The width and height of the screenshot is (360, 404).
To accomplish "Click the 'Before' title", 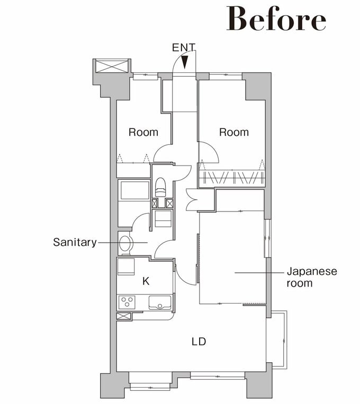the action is point(276,19).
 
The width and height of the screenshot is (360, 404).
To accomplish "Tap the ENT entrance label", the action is point(184,48).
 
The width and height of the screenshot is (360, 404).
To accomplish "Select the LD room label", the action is point(199,342).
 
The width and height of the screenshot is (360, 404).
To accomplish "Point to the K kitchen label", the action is point(146,281).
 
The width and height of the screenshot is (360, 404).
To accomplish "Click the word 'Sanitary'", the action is point(75,242).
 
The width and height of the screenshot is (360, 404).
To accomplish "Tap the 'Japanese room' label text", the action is point(312,277).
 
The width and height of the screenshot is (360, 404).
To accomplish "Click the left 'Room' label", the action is point(143,132).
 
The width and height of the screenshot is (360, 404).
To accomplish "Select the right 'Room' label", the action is point(234,132).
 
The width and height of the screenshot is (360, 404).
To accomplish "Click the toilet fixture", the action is point(160,188).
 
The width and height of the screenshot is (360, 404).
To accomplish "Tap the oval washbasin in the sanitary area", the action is point(126,243).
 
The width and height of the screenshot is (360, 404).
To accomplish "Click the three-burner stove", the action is point(127,302).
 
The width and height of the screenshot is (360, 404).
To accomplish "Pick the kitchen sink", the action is point(160,302).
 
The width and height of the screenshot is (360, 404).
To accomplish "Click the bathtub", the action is point(135,190).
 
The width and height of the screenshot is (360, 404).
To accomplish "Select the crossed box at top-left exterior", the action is point(112,66).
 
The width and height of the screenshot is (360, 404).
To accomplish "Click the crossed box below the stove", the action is point(123,316).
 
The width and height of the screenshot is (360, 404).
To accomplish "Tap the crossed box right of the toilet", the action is point(169,204).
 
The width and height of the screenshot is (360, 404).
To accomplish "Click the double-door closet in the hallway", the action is point(192,200).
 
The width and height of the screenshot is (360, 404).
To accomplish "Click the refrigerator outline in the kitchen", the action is point(126,267).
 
